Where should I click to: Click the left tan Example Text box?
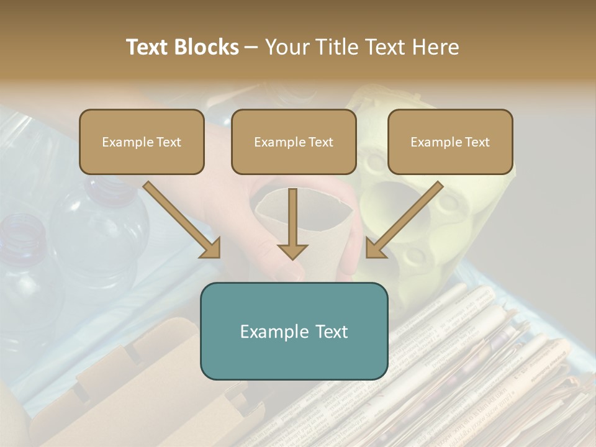[x=142, y=142]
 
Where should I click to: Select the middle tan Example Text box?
[x=294, y=142]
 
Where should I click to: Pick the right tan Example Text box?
[x=450, y=142]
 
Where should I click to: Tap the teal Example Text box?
[x=294, y=331]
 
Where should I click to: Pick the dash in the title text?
[x=251, y=47]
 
